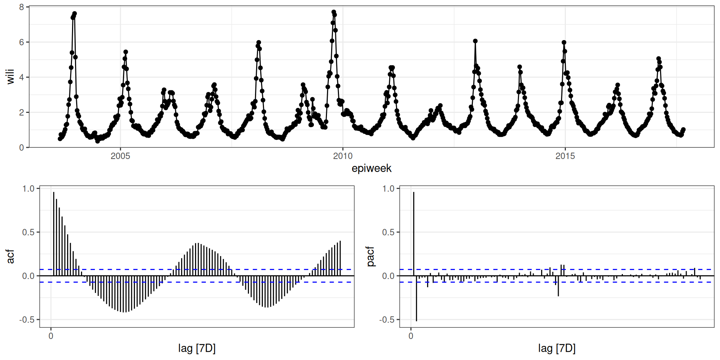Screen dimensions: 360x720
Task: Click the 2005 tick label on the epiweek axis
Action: tap(120, 156)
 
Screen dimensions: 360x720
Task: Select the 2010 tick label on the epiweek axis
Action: tap(343, 156)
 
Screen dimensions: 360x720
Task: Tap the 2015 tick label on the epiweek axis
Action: tap(565, 156)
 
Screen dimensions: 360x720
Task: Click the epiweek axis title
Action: tap(371, 168)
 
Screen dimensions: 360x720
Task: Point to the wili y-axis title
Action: tap(10, 76)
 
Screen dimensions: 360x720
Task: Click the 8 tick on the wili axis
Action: tap(22, 7)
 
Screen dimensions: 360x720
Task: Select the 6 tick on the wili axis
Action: tap(22, 42)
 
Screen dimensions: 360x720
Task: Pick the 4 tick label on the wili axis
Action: tap(22, 77)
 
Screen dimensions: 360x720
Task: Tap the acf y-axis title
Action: tap(10, 256)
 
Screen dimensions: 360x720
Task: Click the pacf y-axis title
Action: tap(370, 256)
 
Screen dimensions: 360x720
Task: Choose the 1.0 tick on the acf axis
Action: tap(28, 189)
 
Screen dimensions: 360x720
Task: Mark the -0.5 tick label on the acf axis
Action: tap(27, 319)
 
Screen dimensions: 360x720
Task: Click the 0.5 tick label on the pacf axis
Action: tap(388, 232)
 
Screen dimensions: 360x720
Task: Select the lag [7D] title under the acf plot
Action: tap(197, 348)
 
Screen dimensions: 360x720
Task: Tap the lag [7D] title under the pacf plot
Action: tap(557, 348)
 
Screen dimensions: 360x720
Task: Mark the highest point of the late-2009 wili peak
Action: tap(334, 12)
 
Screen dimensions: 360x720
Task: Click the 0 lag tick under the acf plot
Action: tap(51, 336)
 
